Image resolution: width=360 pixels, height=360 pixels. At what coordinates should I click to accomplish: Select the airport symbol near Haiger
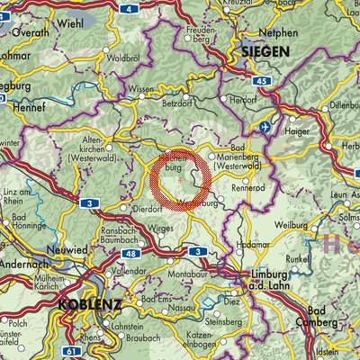coord(265,128)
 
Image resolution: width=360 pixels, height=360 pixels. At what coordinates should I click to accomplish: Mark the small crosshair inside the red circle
coord(180,181)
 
